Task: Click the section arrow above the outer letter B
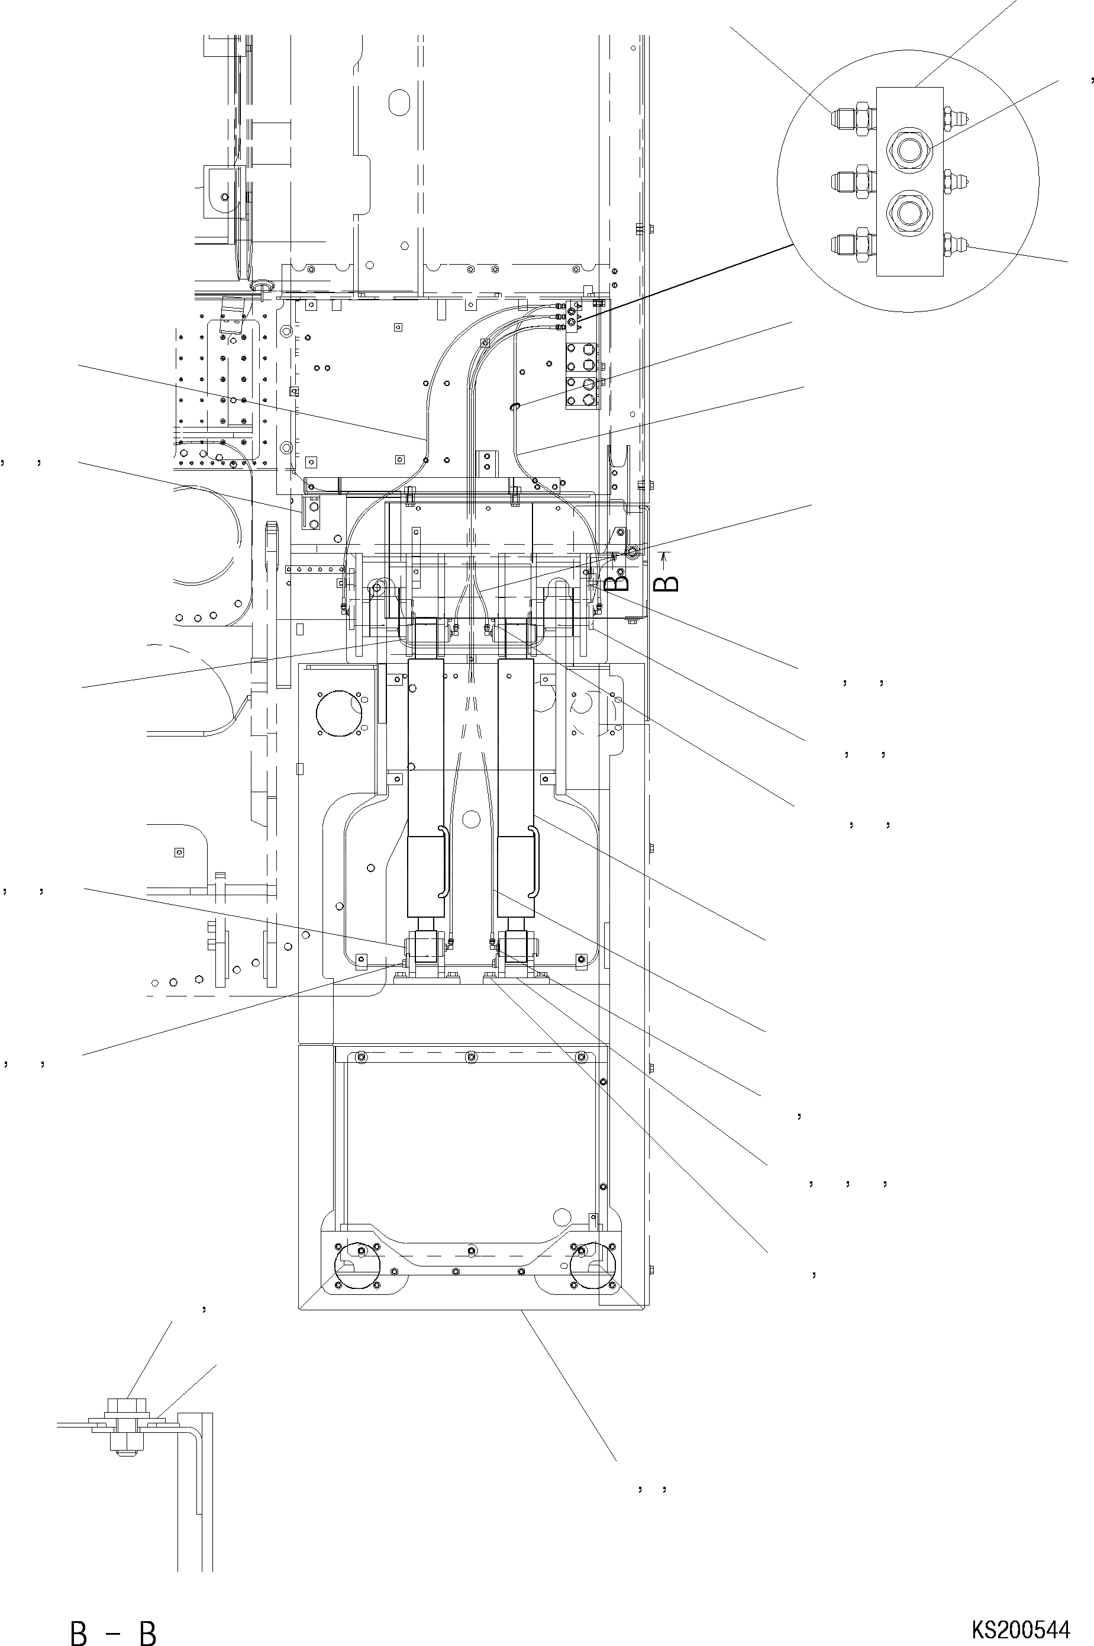pos(665,558)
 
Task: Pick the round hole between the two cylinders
pos(471,819)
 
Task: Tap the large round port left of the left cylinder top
pos(338,713)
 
